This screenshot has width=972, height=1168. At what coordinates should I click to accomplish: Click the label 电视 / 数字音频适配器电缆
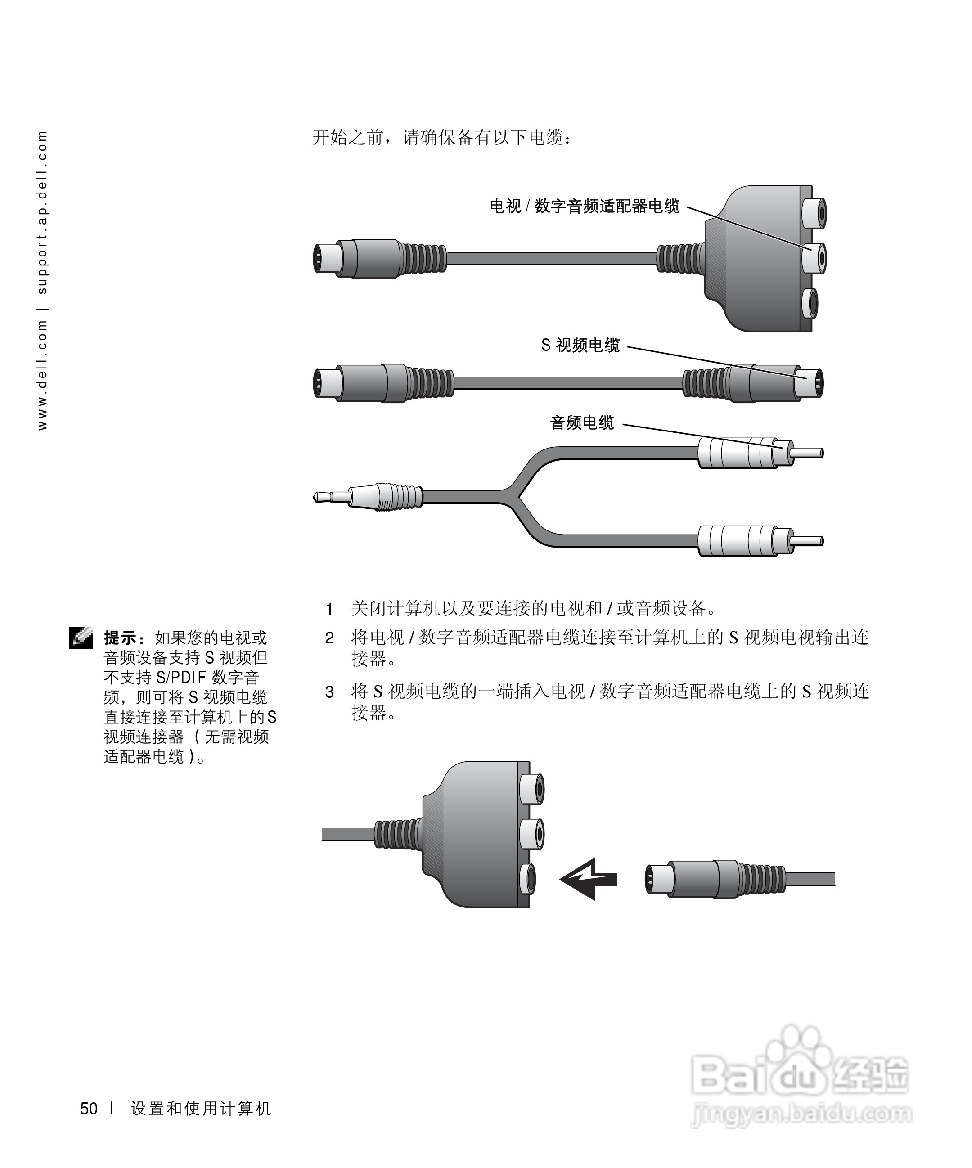point(584,207)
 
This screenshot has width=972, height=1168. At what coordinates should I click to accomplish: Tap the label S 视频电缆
point(580,346)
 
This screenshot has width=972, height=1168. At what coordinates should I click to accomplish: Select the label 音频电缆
point(581,423)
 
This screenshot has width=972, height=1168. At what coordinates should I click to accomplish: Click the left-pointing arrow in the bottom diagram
point(588,879)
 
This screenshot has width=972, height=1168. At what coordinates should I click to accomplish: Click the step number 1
point(329,610)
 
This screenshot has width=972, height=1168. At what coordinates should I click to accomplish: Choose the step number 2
point(329,638)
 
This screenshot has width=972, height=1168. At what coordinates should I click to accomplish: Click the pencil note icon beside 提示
point(81,638)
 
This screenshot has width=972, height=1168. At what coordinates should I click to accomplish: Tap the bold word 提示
point(120,638)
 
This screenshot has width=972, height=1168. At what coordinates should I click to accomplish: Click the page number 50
point(89,1109)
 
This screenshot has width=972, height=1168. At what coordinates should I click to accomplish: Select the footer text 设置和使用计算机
point(201,1109)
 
